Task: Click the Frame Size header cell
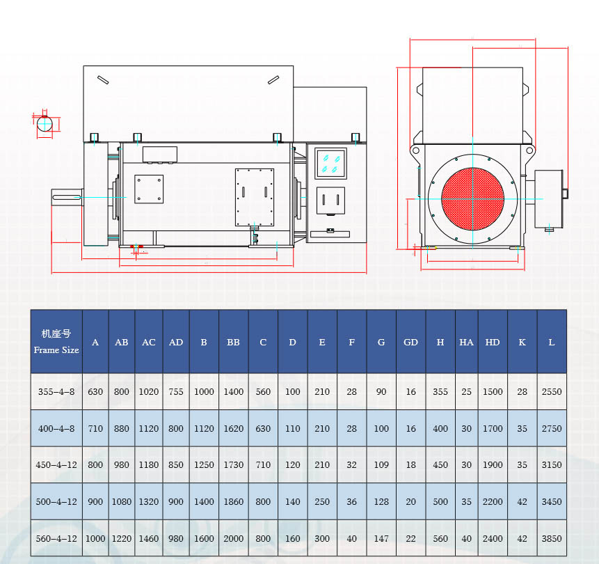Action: [x=56, y=341]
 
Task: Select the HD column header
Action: [x=493, y=342]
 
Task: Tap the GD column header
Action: [x=411, y=342]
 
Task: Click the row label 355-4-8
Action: [x=56, y=391]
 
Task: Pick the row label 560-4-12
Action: [x=56, y=538]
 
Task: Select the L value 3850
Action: [x=552, y=538]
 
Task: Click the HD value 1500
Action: [x=493, y=391]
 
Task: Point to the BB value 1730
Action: [x=234, y=464]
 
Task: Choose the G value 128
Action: [x=381, y=501]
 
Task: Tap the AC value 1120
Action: [x=149, y=428]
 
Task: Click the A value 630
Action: [x=95, y=391]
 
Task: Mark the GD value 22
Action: [x=411, y=538]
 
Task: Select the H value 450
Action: [x=440, y=464]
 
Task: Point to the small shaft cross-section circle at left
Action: [x=45, y=125]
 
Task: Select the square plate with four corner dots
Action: [x=149, y=189]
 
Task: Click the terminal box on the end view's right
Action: [x=548, y=198]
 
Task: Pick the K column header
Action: [x=522, y=342]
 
